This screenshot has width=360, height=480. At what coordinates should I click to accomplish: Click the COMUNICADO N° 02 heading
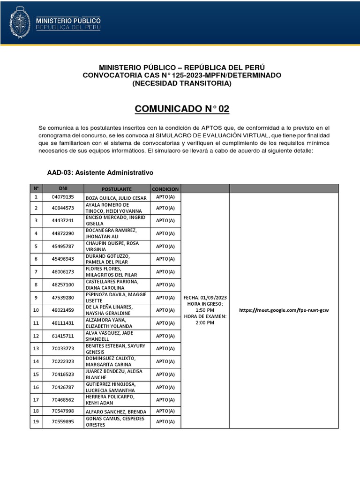(182, 109)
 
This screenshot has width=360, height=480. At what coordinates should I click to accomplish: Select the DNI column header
(63, 188)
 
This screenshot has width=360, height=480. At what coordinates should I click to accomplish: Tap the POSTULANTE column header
(117, 188)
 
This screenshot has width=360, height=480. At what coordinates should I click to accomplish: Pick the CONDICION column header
(165, 188)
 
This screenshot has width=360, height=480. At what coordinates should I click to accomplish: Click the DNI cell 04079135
(63, 197)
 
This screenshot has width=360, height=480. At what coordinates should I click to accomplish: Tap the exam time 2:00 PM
(205, 322)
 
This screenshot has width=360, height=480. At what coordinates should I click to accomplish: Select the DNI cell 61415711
(63, 336)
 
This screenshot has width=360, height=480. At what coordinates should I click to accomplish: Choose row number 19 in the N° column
(36, 421)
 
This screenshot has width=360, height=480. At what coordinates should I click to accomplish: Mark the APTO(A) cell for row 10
(165, 310)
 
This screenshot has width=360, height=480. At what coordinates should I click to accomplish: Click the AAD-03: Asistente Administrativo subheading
(100, 172)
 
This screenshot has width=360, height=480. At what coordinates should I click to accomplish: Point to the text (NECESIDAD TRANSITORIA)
(182, 83)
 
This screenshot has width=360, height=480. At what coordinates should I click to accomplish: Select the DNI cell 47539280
(63, 298)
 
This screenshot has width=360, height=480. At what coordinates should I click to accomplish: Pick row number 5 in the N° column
(36, 246)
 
